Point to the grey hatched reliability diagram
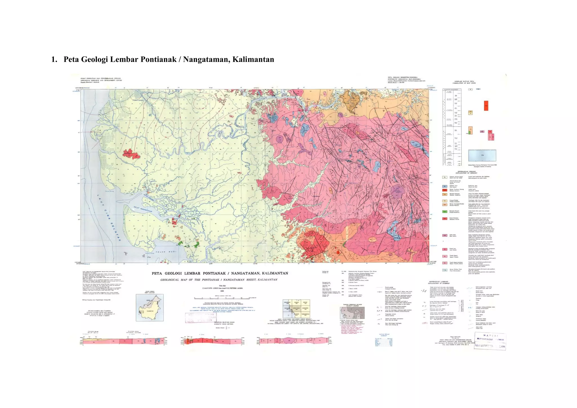click(352, 313)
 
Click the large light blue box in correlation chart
click(482, 155)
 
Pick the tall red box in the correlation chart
click(486, 106)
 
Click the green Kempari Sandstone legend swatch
click(445, 212)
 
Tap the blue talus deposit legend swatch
click(445, 186)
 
